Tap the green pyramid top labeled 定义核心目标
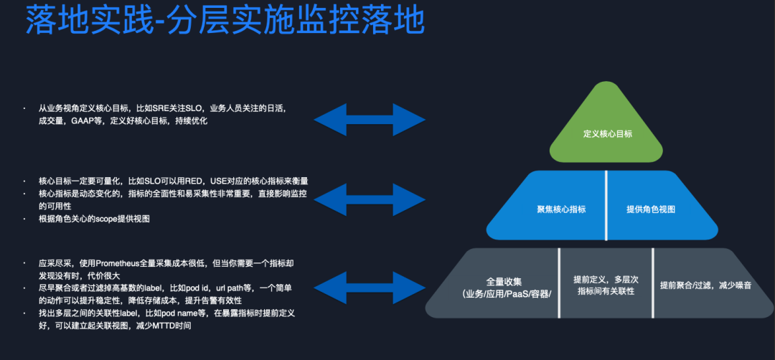pos(607,133)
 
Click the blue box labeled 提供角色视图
pos(650,209)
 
